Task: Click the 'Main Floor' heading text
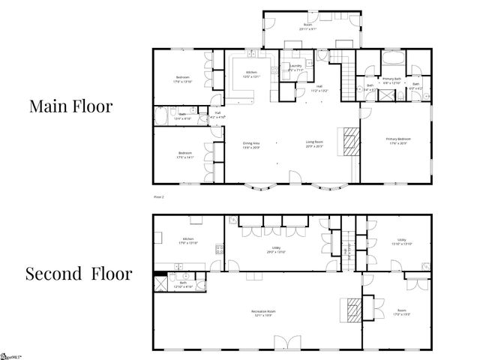[70, 106]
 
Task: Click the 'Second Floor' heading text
[79, 273]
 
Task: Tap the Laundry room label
[295, 68]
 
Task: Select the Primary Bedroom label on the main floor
[397, 141]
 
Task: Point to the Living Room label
[314, 144]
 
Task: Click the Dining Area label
[251, 144]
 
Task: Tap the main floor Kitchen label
[250, 74]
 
